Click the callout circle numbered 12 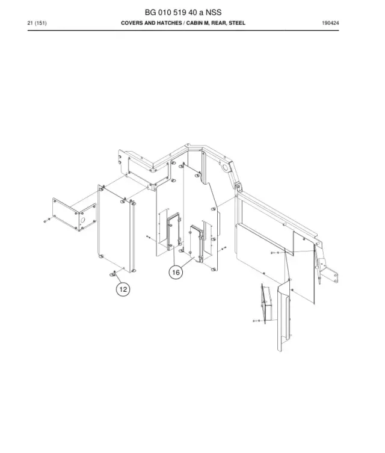(x=123, y=289)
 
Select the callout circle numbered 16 (x=176, y=273)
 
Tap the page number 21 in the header (x=30, y=23)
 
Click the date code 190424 (x=330, y=23)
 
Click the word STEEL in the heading (x=237, y=23)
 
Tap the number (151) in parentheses (x=40, y=23)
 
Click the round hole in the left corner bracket (x=83, y=220)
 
